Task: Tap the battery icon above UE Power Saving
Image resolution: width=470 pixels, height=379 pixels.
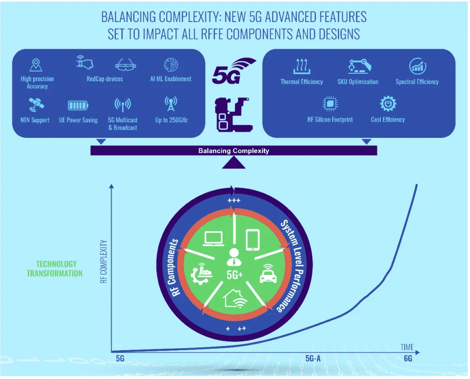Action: (x=78, y=106)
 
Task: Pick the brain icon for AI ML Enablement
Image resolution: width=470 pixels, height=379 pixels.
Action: (x=171, y=64)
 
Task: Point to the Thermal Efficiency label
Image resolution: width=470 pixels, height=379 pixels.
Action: (x=302, y=82)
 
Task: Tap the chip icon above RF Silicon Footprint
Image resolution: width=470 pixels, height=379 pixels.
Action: (x=330, y=104)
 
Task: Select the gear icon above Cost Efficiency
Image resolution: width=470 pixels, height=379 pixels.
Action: (x=388, y=104)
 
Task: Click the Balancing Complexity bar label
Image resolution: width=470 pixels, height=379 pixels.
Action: (x=234, y=151)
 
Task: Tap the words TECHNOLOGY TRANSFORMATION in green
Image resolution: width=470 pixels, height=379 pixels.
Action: (x=54, y=269)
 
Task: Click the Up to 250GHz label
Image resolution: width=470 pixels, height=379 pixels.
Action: (x=171, y=120)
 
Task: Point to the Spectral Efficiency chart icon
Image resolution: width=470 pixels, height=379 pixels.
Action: (x=417, y=66)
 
